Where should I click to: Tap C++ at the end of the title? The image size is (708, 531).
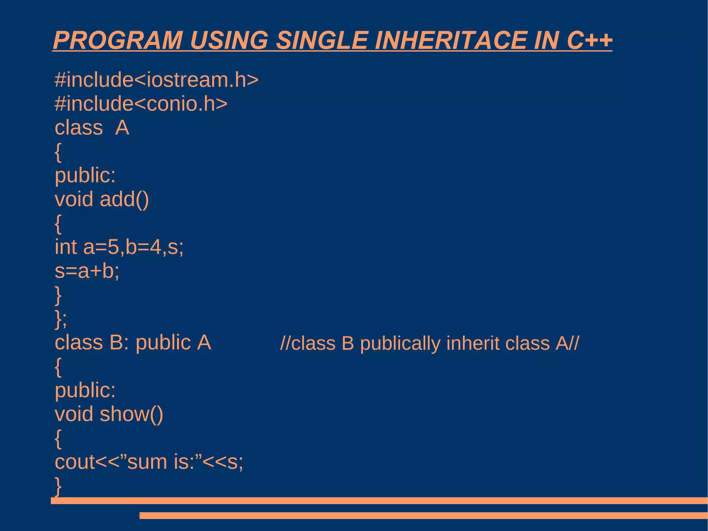[589, 40]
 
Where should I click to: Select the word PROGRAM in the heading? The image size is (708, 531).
[118, 40]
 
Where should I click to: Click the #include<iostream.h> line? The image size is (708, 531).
[156, 80]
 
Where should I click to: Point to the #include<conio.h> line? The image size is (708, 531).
[141, 103]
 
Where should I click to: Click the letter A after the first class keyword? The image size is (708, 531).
[122, 128]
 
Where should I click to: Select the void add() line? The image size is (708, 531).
[102, 199]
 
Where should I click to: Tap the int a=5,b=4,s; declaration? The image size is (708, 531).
[119, 247]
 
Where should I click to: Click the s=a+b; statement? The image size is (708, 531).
[87, 271]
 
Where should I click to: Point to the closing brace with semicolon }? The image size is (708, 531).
[61, 319]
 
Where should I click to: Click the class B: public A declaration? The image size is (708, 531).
[133, 343]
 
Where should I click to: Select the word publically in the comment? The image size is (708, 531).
[400, 344]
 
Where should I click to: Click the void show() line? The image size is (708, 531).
[109, 414]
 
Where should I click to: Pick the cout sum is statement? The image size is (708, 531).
[149, 462]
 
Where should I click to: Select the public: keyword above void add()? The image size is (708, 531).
[85, 175]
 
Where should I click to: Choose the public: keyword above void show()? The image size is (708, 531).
[85, 390]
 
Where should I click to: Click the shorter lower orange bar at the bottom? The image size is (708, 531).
[423, 515]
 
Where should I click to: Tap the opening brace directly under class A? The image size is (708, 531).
[58, 152]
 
